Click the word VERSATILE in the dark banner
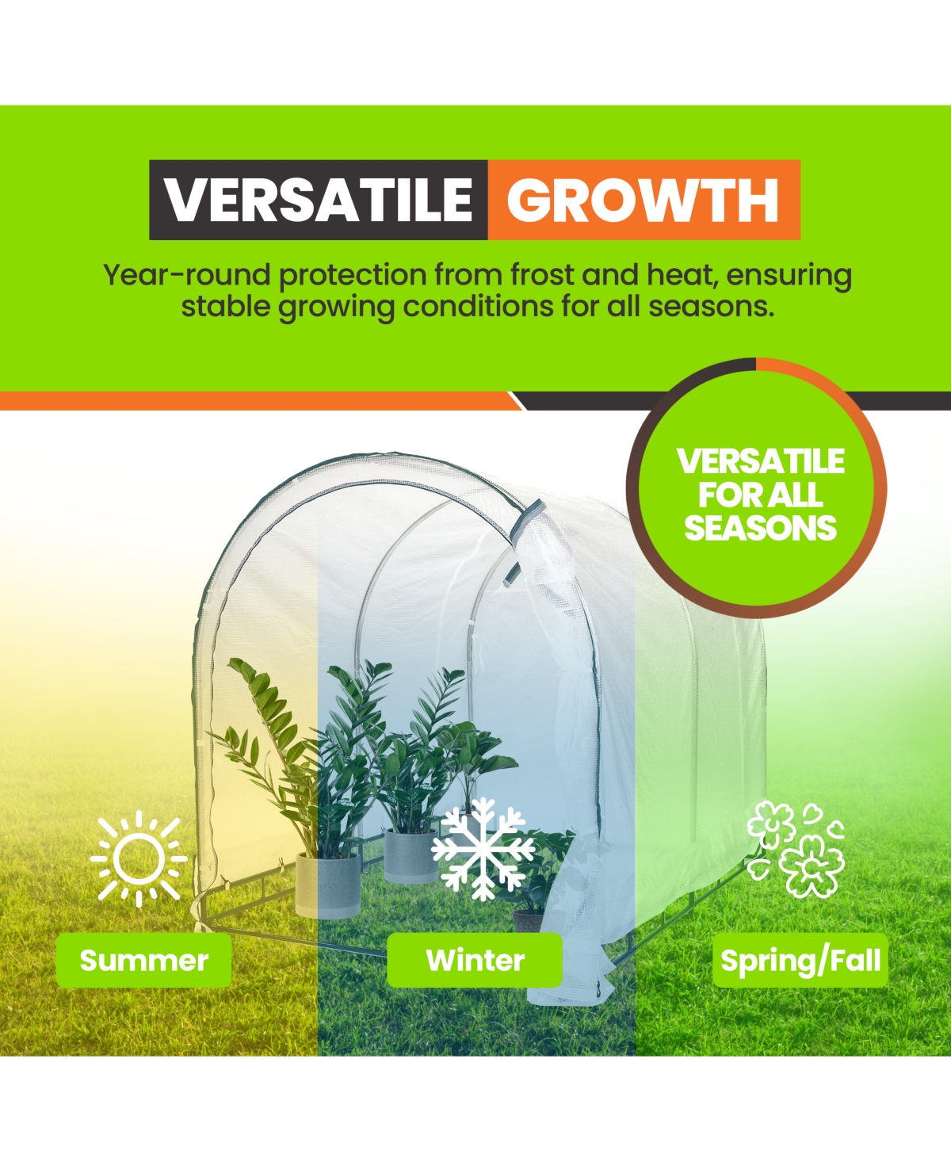(x=319, y=200)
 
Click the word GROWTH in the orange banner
(x=643, y=200)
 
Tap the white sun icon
(x=139, y=858)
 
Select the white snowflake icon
(x=483, y=849)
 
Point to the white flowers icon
(x=795, y=849)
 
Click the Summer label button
(x=143, y=961)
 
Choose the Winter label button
(x=475, y=961)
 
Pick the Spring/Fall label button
(x=800, y=961)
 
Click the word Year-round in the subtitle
(x=187, y=275)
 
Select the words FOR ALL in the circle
(x=760, y=495)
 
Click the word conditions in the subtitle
(x=478, y=307)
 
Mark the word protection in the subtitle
(x=353, y=276)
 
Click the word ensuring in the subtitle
(x=789, y=277)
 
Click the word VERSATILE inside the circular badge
(x=760, y=461)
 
